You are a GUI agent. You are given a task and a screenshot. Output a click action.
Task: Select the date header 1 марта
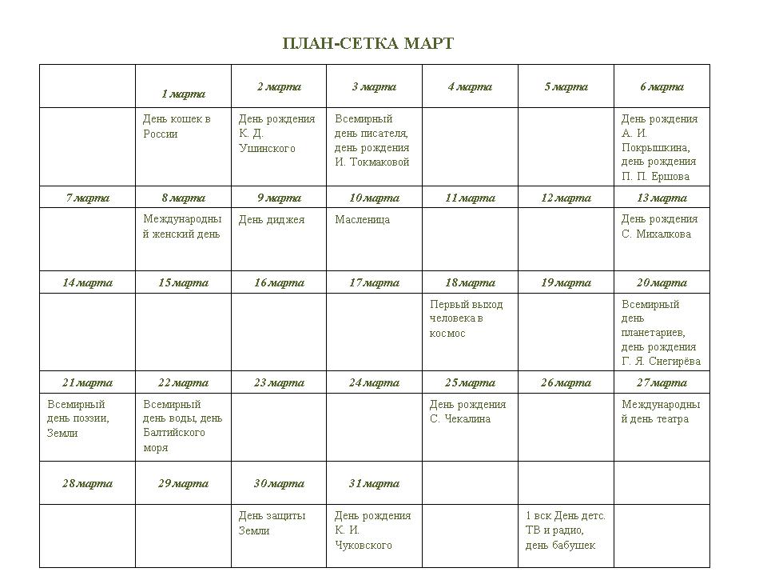click(183, 94)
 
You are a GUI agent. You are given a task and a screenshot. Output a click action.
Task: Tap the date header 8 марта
click(183, 198)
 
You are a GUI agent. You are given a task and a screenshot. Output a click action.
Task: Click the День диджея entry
click(272, 219)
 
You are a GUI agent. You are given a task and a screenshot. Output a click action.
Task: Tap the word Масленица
click(362, 219)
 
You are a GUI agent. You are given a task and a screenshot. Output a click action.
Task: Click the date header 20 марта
click(662, 282)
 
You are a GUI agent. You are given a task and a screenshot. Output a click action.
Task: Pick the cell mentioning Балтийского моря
click(182, 426)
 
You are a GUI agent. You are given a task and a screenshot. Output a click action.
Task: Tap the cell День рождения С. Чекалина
click(467, 411)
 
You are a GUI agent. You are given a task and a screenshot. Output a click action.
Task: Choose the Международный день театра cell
click(660, 411)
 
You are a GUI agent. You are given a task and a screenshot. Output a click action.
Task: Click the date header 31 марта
click(374, 483)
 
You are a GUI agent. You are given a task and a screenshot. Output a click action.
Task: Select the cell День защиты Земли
click(272, 523)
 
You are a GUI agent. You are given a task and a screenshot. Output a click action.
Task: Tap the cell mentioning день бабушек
click(565, 530)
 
